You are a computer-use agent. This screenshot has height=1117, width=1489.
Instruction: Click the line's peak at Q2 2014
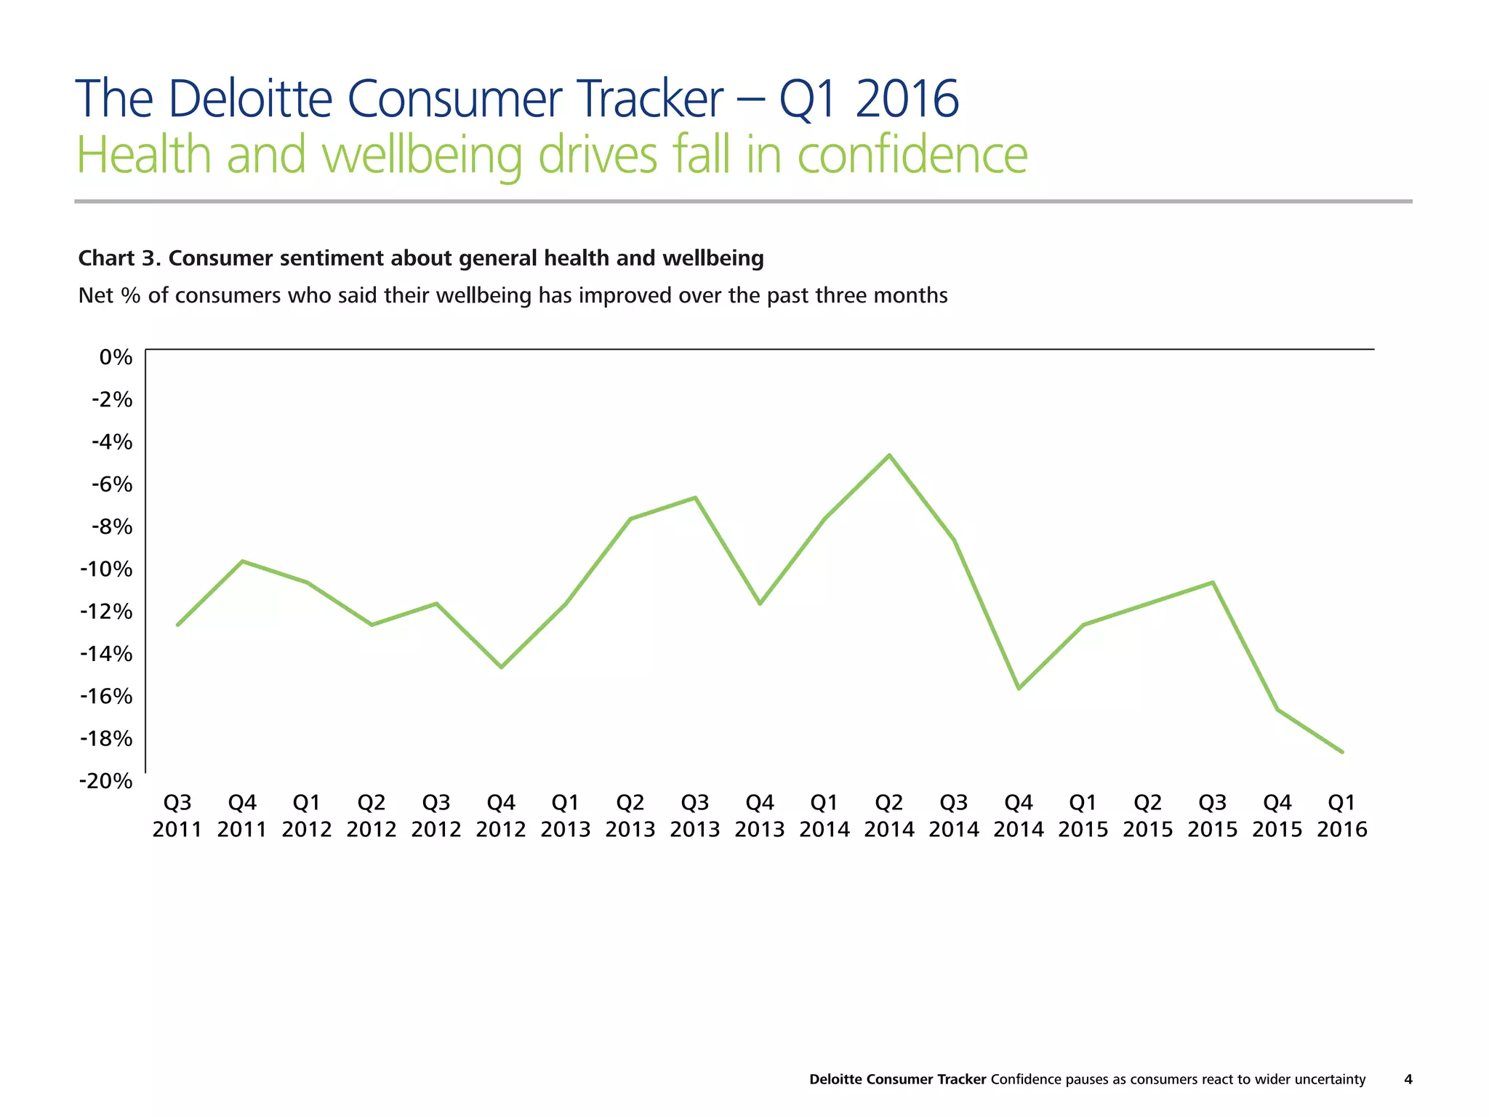click(x=889, y=456)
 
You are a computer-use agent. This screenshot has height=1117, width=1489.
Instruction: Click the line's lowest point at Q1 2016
click(x=1342, y=752)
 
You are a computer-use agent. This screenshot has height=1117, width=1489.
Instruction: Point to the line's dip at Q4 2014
click(x=1019, y=688)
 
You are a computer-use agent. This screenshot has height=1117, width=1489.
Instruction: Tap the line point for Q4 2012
click(x=501, y=667)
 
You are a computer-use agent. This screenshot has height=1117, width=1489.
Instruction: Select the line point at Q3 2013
click(x=695, y=498)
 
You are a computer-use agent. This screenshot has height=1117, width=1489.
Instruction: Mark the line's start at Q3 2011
click(x=178, y=625)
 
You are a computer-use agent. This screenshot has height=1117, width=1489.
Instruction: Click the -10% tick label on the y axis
click(x=106, y=569)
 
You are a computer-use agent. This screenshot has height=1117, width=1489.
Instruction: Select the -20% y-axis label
click(x=106, y=781)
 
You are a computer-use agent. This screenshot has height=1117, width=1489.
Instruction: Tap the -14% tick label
click(x=106, y=654)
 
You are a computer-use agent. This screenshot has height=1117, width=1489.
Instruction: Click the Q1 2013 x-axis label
click(x=566, y=816)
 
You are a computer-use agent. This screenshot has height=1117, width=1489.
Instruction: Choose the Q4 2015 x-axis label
click(x=1277, y=816)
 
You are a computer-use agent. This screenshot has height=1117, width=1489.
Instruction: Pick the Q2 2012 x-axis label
click(x=372, y=816)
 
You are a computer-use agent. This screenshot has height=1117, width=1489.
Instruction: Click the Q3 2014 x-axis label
click(x=954, y=816)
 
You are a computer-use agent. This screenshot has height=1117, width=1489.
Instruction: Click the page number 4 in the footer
click(x=1408, y=1079)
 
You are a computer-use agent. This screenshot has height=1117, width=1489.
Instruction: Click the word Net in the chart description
click(x=95, y=296)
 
